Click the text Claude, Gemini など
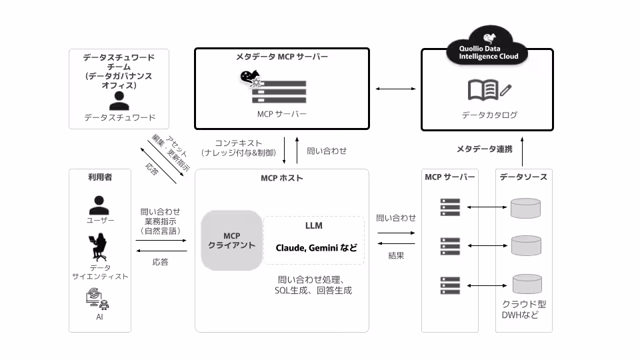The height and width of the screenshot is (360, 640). click(x=317, y=247)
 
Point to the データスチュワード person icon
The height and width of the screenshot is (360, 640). click(x=120, y=101)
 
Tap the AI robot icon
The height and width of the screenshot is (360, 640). click(x=99, y=301)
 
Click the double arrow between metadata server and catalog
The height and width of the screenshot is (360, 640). click(x=395, y=89)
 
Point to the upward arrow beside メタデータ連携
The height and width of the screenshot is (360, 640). click(x=523, y=151)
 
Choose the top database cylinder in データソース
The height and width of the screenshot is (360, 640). click(x=525, y=209)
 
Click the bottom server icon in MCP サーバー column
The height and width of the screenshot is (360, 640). click(x=451, y=285)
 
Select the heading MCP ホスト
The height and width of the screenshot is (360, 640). click(x=281, y=178)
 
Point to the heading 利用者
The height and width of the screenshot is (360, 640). click(x=100, y=177)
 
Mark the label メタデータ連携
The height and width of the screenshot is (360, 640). click(x=485, y=149)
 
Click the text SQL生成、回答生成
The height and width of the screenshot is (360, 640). click(x=313, y=291)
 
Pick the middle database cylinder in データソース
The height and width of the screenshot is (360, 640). click(x=525, y=246)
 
